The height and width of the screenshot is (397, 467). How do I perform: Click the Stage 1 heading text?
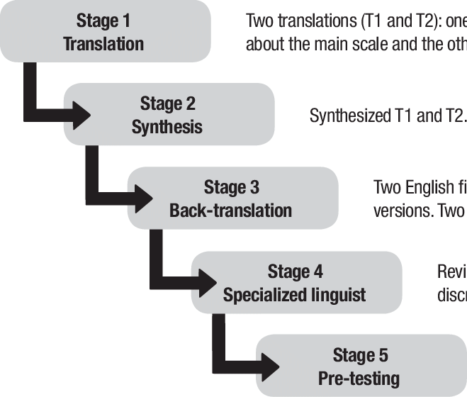point(103,21)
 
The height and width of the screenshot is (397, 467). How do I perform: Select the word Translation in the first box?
point(103,44)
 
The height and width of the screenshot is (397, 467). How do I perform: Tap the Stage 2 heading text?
point(167,104)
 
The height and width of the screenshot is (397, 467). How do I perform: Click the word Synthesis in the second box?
point(167,128)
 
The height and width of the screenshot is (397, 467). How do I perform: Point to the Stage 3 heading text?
point(231,188)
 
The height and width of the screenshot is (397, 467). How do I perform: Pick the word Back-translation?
point(230,211)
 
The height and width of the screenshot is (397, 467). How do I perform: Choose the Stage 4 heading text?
point(295,272)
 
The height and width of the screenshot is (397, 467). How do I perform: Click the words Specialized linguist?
point(294,295)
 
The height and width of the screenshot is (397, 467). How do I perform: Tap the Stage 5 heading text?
point(360,355)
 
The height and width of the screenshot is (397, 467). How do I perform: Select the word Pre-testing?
point(359,378)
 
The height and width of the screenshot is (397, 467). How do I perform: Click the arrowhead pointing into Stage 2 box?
point(81,112)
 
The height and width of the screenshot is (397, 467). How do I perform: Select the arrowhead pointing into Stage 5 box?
point(272,364)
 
